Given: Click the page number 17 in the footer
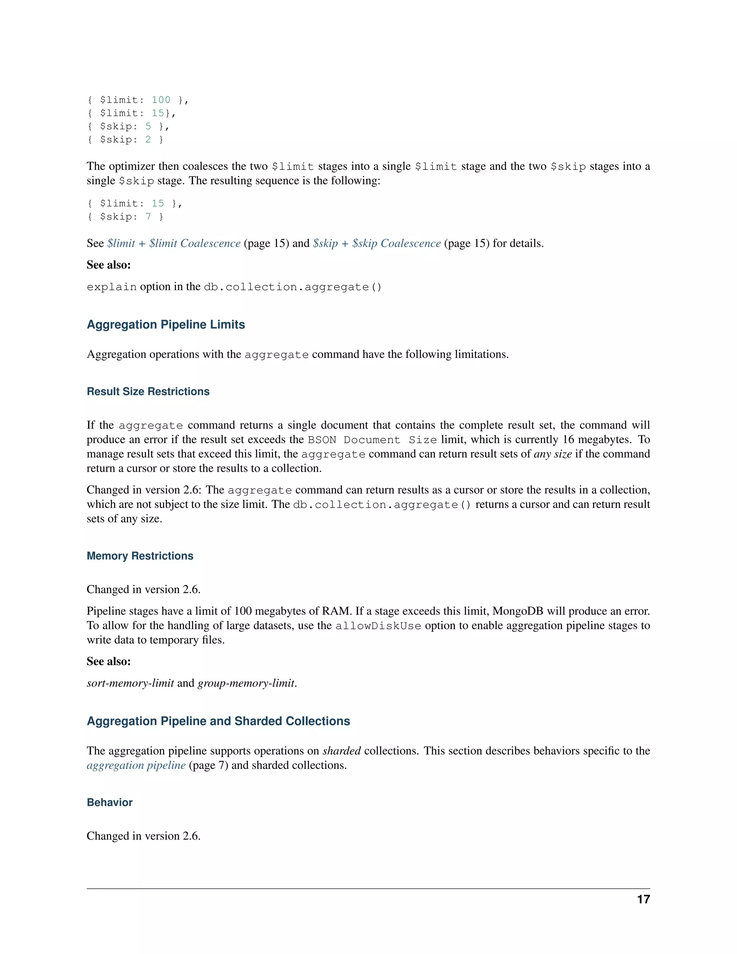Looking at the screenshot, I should click(643, 899).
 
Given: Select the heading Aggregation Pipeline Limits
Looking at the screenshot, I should click(166, 325).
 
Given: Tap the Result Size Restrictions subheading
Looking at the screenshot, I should click(148, 391).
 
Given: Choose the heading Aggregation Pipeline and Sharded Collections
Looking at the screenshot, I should click(218, 721).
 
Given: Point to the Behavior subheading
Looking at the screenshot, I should click(110, 802).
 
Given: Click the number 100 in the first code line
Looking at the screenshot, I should click(161, 100).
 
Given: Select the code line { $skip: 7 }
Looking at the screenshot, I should click(125, 217).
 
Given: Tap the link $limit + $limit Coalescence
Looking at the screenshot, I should click(174, 243).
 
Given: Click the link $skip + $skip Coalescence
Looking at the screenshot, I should click(377, 243).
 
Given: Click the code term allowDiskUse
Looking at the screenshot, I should click(378, 626).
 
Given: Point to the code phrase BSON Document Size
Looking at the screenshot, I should click(372, 440).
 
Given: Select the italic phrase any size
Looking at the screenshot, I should click(552, 454).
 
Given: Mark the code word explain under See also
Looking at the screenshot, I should click(112, 287).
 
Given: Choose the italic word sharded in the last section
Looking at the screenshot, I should click(342, 751).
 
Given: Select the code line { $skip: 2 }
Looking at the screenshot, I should click(125, 139).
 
